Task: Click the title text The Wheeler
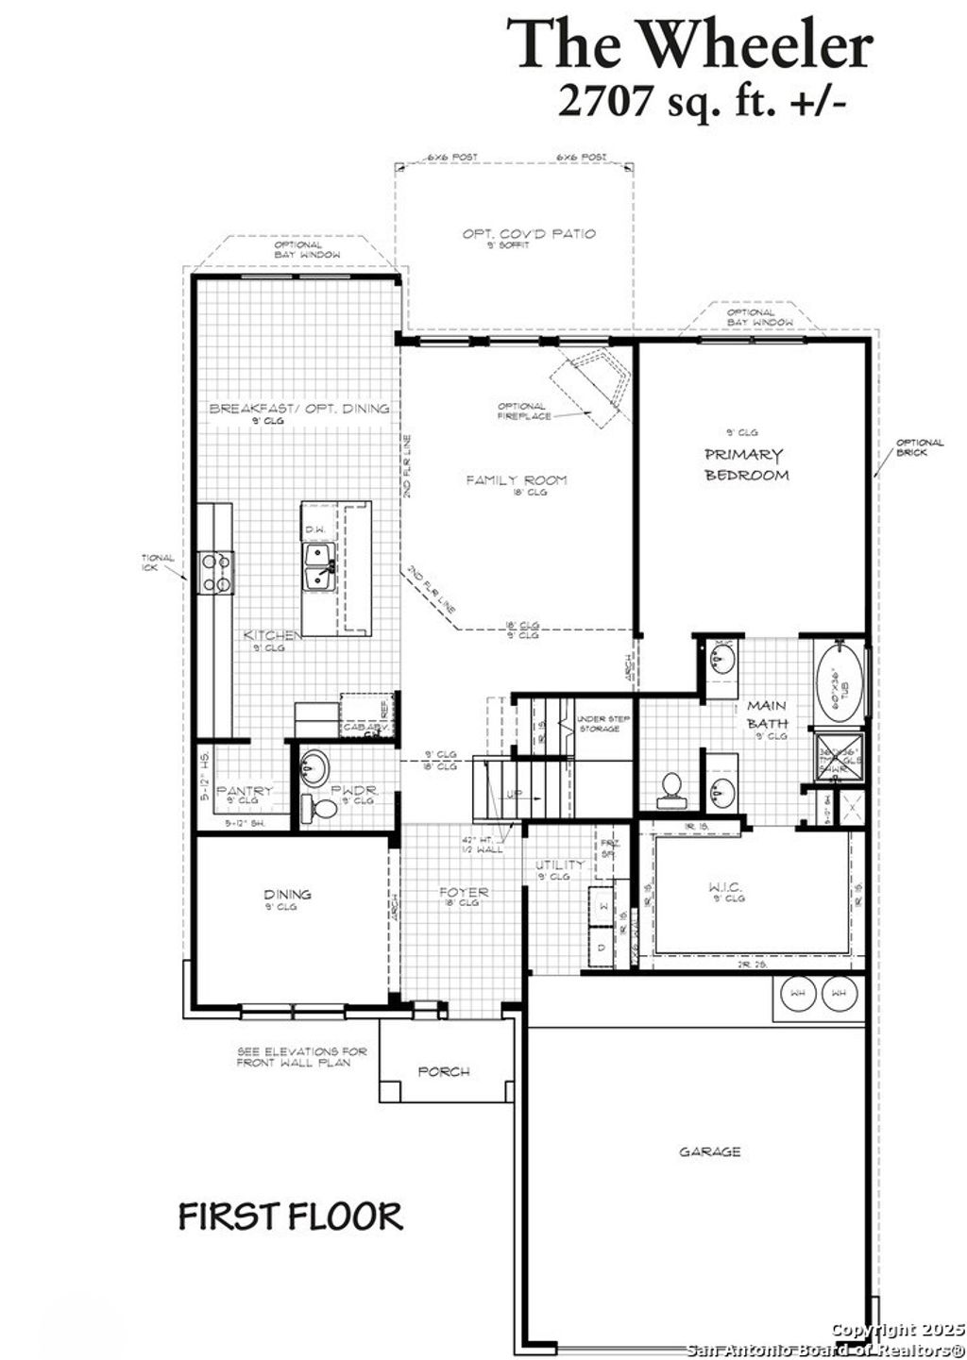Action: pyautogui.click(x=690, y=44)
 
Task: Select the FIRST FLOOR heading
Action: pyautogui.click(x=291, y=1217)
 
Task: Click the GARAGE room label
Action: pyautogui.click(x=709, y=1151)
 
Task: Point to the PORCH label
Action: pyautogui.click(x=444, y=1071)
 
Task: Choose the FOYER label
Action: pyautogui.click(x=464, y=892)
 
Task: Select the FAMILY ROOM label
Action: pyautogui.click(x=517, y=480)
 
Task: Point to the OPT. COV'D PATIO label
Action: pyautogui.click(x=529, y=233)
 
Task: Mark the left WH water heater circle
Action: pyautogui.click(x=798, y=993)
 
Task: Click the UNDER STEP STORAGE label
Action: pyautogui.click(x=598, y=725)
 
